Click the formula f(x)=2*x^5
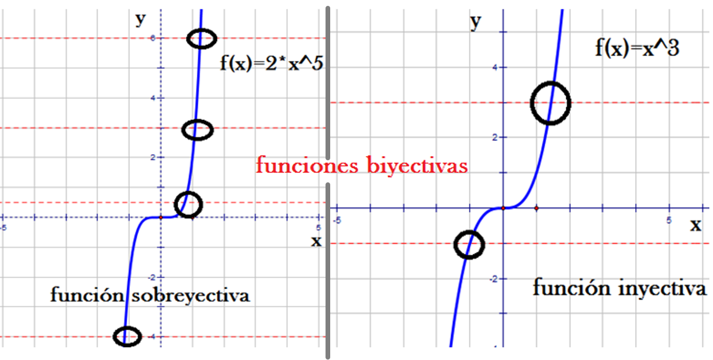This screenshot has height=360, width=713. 271,63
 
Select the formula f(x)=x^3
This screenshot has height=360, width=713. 637,47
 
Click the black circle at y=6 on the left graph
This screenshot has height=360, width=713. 202,39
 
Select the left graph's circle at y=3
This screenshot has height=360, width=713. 198,130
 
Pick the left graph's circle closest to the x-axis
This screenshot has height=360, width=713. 188,205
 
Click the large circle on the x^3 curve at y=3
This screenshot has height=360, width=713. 550,103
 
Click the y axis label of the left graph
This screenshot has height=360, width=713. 140,19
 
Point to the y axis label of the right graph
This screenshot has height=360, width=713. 476,22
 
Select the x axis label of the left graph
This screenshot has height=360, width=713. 316,240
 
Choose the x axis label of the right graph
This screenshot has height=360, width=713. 695,224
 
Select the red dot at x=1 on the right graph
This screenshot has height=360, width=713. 537,207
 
